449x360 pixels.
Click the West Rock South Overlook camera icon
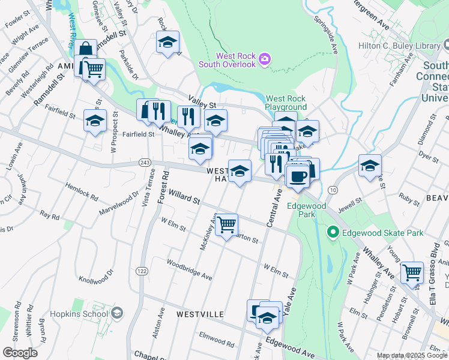tap(264, 59)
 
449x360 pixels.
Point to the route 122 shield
tap(142, 271)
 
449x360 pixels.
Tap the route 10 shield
tap(332, 190)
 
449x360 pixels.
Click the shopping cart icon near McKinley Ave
tap(227, 225)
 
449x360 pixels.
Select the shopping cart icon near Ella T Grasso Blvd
tap(412, 273)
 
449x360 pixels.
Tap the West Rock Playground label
tap(286, 103)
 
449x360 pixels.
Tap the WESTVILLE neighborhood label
tap(200, 314)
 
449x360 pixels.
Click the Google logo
tap(20, 353)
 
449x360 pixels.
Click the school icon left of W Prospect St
tap(95, 121)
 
